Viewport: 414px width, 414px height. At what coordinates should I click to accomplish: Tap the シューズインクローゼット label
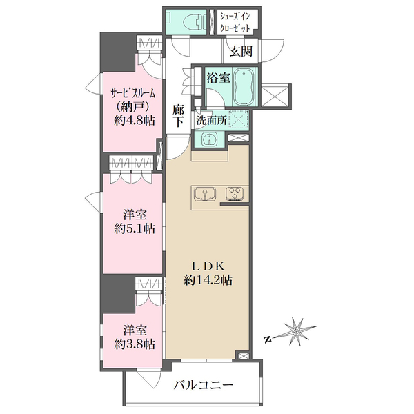click(235, 22)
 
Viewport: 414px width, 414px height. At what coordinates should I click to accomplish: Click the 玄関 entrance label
click(241, 51)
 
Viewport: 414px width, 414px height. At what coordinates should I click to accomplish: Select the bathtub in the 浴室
click(245, 88)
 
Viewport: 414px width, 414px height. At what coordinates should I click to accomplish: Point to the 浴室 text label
click(218, 78)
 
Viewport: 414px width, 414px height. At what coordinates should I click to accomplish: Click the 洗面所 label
click(212, 120)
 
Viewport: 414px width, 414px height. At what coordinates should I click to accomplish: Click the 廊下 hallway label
click(179, 116)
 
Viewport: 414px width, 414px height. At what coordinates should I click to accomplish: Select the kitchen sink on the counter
click(205, 194)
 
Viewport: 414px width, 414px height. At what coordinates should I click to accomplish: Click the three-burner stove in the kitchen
click(235, 194)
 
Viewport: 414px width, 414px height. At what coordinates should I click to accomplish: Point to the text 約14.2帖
click(208, 280)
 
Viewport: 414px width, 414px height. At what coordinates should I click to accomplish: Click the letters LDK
click(208, 266)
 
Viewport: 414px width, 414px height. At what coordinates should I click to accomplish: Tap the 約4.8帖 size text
click(134, 121)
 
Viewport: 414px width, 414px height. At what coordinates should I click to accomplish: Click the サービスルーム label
click(132, 93)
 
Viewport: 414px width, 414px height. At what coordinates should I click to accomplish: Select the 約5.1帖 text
click(135, 228)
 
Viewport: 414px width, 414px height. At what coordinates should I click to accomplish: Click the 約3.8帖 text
click(135, 344)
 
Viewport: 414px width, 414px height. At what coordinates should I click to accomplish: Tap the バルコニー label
click(204, 385)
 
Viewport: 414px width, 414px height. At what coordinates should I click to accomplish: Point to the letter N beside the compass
click(268, 339)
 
